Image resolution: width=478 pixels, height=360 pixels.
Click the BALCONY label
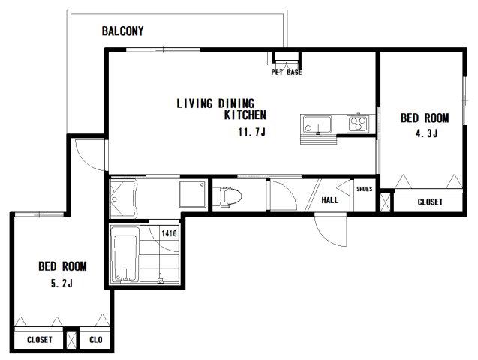pos(122,31)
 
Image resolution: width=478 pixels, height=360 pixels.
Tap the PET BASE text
pos(287,72)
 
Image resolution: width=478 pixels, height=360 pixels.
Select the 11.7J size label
pos(252,132)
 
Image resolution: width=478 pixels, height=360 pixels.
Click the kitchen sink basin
pos(317,124)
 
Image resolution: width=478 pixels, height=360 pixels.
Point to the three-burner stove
pos(358,124)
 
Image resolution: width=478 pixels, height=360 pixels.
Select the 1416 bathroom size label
pos(169,233)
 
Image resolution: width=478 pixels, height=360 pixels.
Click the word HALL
pos(330,200)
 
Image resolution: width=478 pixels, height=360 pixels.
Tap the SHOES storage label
pos(365,189)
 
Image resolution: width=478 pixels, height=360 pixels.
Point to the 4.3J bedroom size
pos(427,133)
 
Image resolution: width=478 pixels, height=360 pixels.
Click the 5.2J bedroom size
pos(62,283)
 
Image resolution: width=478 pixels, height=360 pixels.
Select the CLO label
pos(96,340)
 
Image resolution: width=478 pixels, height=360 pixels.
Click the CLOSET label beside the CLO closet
pos(40,340)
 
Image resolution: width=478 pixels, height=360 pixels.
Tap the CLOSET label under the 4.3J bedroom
pos(430,202)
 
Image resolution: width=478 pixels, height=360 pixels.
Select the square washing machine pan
pos(193,194)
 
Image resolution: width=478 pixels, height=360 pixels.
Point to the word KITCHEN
pos(245,115)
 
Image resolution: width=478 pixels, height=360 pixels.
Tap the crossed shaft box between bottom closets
pos(71,340)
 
